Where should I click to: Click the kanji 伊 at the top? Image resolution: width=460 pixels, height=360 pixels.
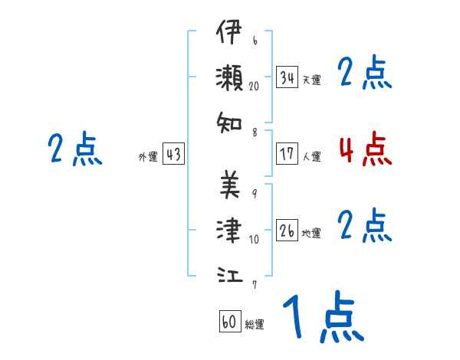coord(229,34)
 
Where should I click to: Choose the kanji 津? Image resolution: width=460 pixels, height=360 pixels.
coord(229,228)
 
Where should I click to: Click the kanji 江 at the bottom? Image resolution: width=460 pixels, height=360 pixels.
coord(229,272)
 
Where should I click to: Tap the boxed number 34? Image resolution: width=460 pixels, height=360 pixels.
coord(287,77)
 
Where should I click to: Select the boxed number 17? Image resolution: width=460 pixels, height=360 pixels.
coord(287,154)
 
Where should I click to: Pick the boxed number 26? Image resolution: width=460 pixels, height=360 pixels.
coord(287,231)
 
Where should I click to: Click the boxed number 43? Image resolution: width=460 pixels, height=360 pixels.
coord(173,154)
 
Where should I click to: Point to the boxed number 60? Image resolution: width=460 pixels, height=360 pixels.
coord(229,322)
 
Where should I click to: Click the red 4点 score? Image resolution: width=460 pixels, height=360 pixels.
coord(365,150)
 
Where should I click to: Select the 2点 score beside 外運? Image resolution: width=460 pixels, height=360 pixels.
coord(76,150)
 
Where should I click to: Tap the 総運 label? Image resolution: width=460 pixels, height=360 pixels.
coord(255,325)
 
